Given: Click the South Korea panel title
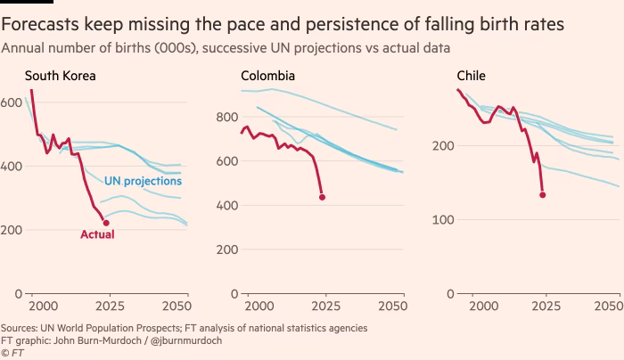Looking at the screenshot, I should (x=60, y=76).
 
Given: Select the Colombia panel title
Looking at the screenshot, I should (x=268, y=76).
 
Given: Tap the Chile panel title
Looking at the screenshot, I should (x=471, y=76).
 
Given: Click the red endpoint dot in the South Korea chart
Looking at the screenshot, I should (x=106, y=223).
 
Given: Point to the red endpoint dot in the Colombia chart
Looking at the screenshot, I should (x=322, y=197).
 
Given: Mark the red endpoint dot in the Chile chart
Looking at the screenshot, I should (x=542, y=194).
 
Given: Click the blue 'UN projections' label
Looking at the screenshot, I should (x=144, y=181).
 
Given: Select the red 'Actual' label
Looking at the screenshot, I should (x=97, y=235).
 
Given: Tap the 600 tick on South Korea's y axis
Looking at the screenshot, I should (x=11, y=103).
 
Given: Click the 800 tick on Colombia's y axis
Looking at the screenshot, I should (x=228, y=118).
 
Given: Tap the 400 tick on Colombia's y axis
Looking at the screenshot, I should (x=228, y=206).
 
